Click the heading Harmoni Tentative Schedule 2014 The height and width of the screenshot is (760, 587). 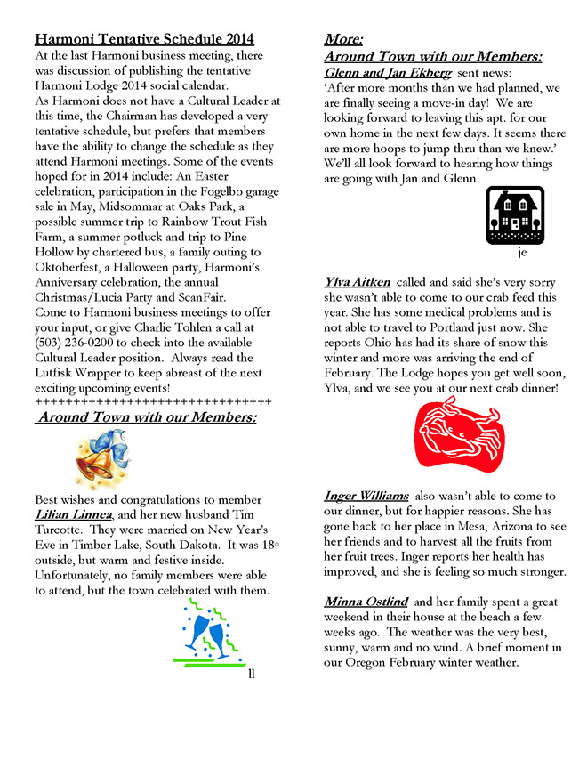click(x=144, y=39)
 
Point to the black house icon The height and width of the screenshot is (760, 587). click(x=515, y=215)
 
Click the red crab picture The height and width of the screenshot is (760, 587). click(x=460, y=434)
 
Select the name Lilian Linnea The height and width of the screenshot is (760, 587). click(x=74, y=514)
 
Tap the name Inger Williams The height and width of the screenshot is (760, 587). click(x=366, y=496)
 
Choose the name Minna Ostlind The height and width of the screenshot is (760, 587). click(x=366, y=602)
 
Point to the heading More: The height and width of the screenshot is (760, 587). click(x=343, y=39)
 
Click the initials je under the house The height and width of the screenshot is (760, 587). click(x=521, y=252)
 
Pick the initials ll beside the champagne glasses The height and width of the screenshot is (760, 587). click(x=252, y=674)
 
